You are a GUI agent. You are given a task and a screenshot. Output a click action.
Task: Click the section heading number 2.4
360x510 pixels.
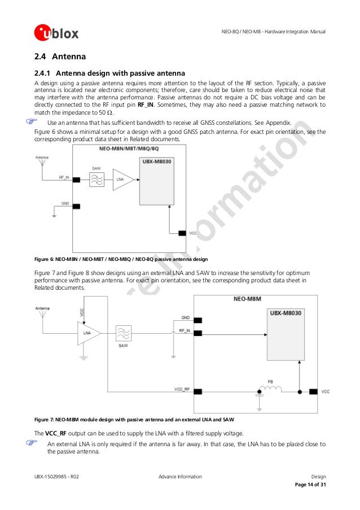point(41,56)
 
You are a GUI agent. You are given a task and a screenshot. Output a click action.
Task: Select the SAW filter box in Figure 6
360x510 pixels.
point(96,180)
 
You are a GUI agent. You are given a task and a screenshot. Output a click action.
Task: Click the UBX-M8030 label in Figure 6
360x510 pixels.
point(155,163)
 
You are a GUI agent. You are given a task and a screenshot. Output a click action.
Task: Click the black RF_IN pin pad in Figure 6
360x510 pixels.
point(76,180)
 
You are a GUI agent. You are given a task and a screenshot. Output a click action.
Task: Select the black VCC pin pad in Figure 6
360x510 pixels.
point(182,233)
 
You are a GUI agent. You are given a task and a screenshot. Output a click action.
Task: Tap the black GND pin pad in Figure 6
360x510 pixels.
point(76,207)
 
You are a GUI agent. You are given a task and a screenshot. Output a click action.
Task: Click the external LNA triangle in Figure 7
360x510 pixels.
point(88,333)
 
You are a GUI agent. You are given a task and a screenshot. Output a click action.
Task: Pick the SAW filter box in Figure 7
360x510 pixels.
point(123,333)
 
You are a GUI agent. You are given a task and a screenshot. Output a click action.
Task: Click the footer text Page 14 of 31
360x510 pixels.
point(310,485)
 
